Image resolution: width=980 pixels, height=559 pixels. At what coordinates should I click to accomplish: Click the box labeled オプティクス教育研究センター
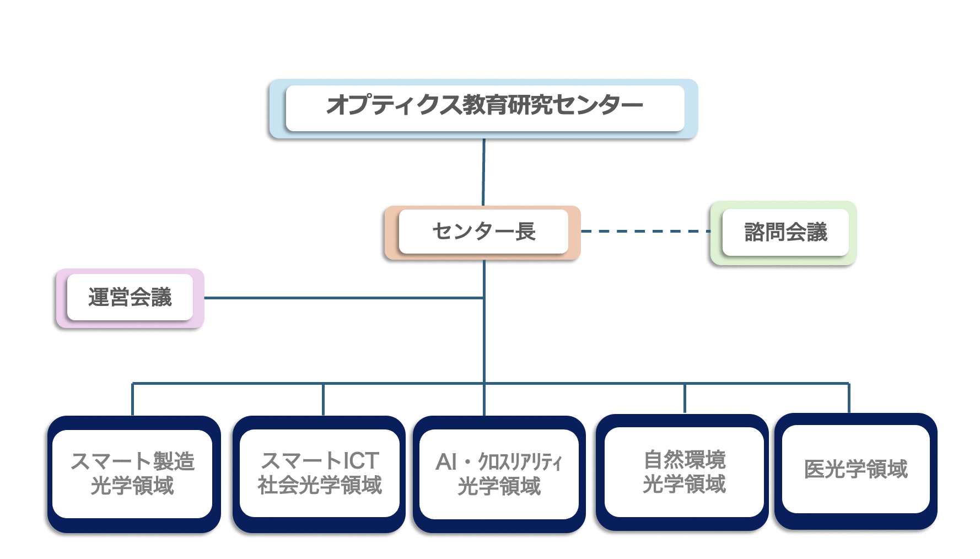coord(483,109)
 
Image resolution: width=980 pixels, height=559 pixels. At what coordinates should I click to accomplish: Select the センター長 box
coord(482,233)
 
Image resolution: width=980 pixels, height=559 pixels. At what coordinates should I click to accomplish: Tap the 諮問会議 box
coord(783,233)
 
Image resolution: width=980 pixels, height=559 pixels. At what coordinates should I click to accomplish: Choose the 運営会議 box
coord(130,298)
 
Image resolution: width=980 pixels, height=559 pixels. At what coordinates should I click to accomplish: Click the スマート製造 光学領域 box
coord(134,474)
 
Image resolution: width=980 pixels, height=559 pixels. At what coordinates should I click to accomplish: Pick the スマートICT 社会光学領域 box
coord(319,474)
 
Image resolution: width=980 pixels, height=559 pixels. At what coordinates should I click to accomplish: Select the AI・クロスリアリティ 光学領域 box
coord(499,474)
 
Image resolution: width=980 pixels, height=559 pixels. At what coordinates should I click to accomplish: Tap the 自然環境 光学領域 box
coord(682,472)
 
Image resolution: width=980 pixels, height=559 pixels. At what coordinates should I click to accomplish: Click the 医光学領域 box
coord(856,471)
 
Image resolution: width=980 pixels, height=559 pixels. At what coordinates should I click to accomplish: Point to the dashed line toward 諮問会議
coord(645,232)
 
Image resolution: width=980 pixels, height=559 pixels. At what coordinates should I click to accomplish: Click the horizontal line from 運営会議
coord(344,298)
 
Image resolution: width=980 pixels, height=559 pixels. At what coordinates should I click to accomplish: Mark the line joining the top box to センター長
coord(484,172)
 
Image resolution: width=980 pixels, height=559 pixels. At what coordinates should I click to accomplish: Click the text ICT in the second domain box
coord(361,461)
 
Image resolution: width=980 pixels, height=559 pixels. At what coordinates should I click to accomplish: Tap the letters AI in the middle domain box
coord(446,462)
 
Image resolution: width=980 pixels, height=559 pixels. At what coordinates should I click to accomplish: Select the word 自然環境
coord(685,460)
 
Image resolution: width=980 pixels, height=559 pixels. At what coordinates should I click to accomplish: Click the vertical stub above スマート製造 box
coord(133,399)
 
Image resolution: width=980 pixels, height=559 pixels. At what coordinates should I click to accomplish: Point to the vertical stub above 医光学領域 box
coord(849,398)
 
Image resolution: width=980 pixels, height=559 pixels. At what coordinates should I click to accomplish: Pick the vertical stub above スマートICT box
coord(323,399)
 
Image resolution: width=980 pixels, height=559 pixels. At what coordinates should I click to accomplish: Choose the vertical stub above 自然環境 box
coord(685,398)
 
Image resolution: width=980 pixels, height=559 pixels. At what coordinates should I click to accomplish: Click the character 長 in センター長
coord(525,232)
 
